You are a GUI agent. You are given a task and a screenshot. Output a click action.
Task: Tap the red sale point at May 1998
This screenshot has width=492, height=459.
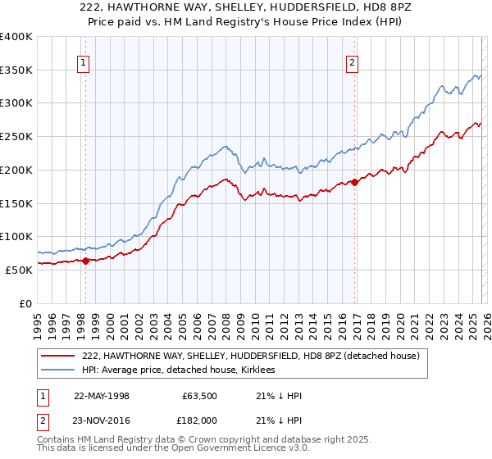coord(85,261)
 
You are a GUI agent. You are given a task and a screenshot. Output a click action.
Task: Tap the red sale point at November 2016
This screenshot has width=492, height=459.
coord(354,182)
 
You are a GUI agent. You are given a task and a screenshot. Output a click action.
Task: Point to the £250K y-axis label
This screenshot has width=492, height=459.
coord(16,136)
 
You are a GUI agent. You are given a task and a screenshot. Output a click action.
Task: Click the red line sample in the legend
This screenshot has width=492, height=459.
coord(58,356)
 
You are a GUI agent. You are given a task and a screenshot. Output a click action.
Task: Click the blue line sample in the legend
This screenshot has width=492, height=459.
coord(58,370)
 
